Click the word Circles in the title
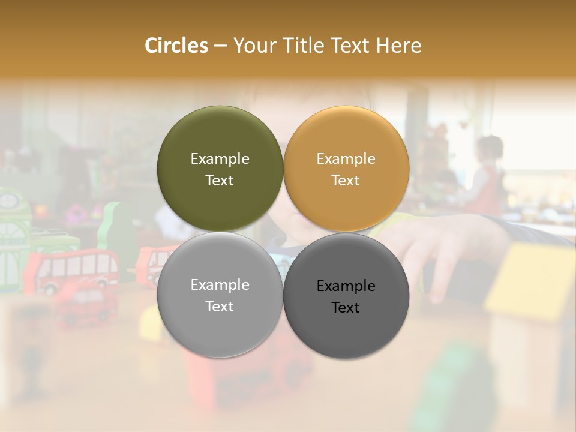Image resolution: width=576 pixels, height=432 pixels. (176, 46)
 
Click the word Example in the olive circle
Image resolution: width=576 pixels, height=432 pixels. (220, 159)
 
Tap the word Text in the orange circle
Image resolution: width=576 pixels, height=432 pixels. (346, 181)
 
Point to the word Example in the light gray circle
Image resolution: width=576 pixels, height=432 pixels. (220, 285)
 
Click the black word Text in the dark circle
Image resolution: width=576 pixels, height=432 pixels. (346, 308)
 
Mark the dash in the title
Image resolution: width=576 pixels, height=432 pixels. (220, 46)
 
